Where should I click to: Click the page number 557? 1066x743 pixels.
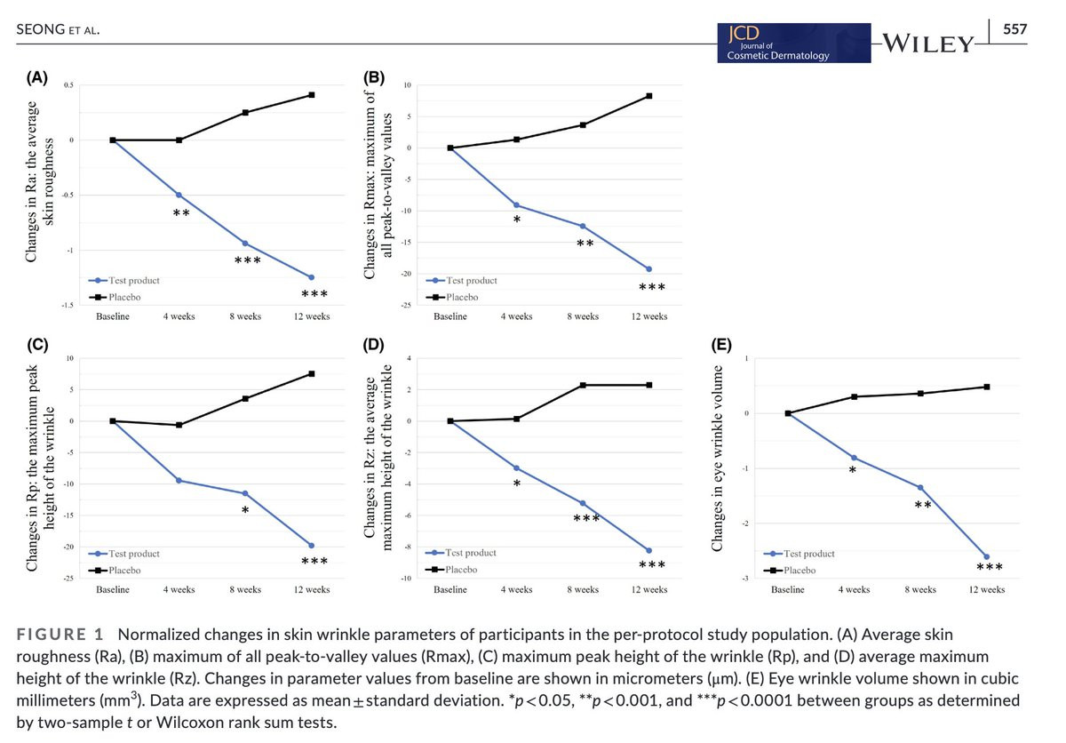tap(1014, 29)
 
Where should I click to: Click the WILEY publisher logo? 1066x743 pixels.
tap(928, 42)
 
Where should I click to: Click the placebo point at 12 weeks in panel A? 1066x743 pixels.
tap(312, 95)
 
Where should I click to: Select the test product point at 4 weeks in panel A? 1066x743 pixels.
tap(179, 195)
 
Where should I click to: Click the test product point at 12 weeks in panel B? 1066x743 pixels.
tap(649, 268)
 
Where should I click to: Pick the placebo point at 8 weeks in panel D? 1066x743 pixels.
tap(583, 385)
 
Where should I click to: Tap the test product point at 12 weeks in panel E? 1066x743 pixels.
tap(987, 556)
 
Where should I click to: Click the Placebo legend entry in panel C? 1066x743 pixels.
tap(116, 570)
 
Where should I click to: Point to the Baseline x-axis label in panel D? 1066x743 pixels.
tap(450, 590)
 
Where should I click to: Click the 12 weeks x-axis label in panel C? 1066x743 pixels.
tap(312, 590)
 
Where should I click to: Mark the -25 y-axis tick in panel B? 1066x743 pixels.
tap(405, 305)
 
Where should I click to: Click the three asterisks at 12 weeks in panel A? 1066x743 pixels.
tap(314, 294)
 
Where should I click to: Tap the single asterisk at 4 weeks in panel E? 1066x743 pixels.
tap(853, 470)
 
